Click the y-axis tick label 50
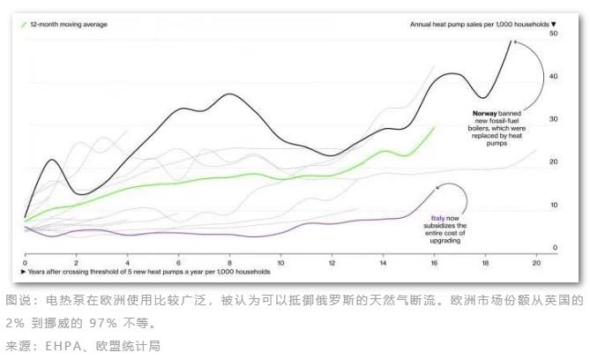coord(553,33)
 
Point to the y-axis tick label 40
coord(553,76)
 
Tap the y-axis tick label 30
coord(553,118)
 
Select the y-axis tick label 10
coord(553,205)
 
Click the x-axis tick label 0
coord(25,263)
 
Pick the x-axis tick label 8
coord(229,263)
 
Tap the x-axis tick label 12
coord(332,263)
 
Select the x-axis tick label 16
coord(434,263)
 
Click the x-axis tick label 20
coord(535,263)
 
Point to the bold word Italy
coord(437,217)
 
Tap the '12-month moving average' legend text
coord(69,24)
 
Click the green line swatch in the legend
coord(24,24)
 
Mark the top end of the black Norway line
coord(511,41)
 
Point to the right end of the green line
coord(435,127)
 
